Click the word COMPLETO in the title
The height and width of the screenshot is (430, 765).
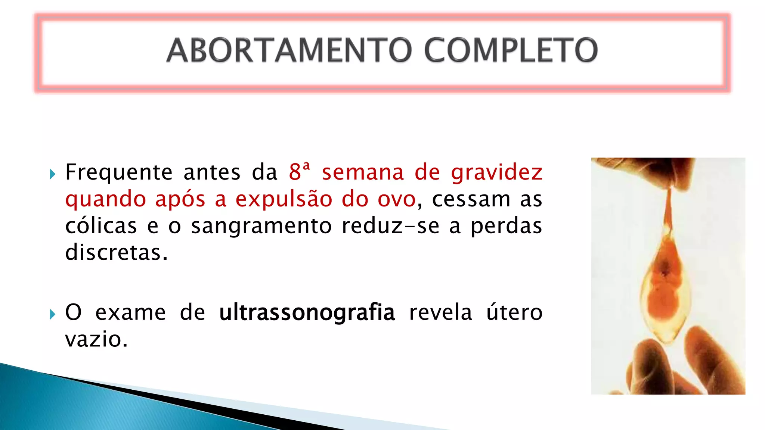click(511, 50)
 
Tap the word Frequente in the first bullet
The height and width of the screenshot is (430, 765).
click(119, 172)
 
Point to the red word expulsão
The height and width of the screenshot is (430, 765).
click(284, 199)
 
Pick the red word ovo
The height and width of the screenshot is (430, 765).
click(396, 199)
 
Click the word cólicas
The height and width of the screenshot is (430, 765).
click(101, 226)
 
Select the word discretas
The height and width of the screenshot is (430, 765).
click(116, 253)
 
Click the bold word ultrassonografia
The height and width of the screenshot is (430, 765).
click(307, 312)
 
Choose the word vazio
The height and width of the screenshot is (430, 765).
click(96, 339)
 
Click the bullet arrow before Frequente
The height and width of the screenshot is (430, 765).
click(52, 174)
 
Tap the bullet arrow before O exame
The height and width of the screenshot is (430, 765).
click(52, 314)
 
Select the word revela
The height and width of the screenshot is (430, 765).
click(440, 312)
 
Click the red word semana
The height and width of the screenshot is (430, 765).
click(363, 172)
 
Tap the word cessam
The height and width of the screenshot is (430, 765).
click(471, 199)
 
